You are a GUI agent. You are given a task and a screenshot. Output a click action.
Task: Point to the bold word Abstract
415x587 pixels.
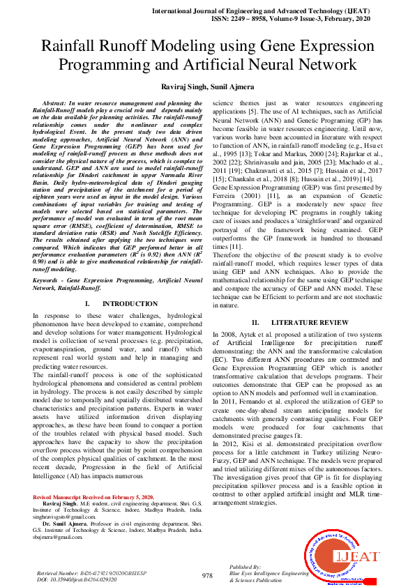[x=56, y=102]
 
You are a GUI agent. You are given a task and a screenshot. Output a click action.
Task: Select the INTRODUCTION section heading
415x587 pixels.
[x=130, y=304]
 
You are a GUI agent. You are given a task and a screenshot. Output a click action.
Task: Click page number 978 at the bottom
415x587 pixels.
[x=207, y=575]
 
